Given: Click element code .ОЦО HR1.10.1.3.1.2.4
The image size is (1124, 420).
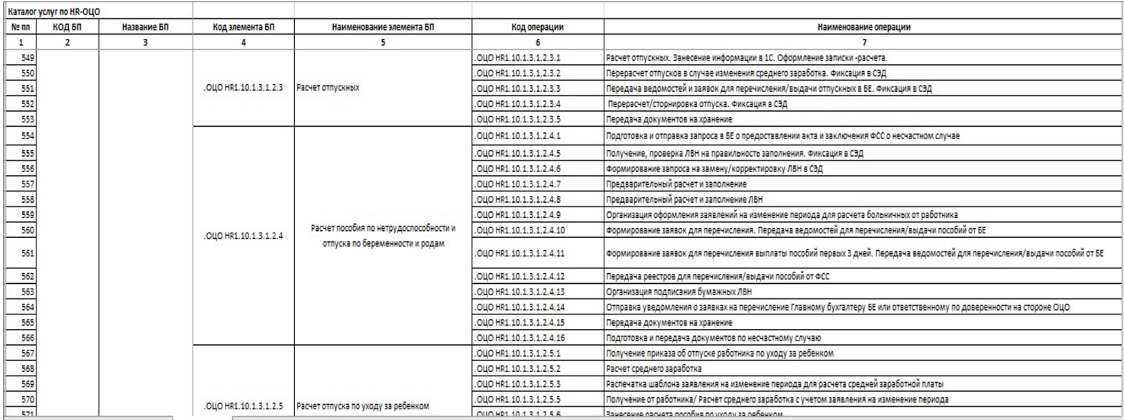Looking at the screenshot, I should click(x=242, y=236).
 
